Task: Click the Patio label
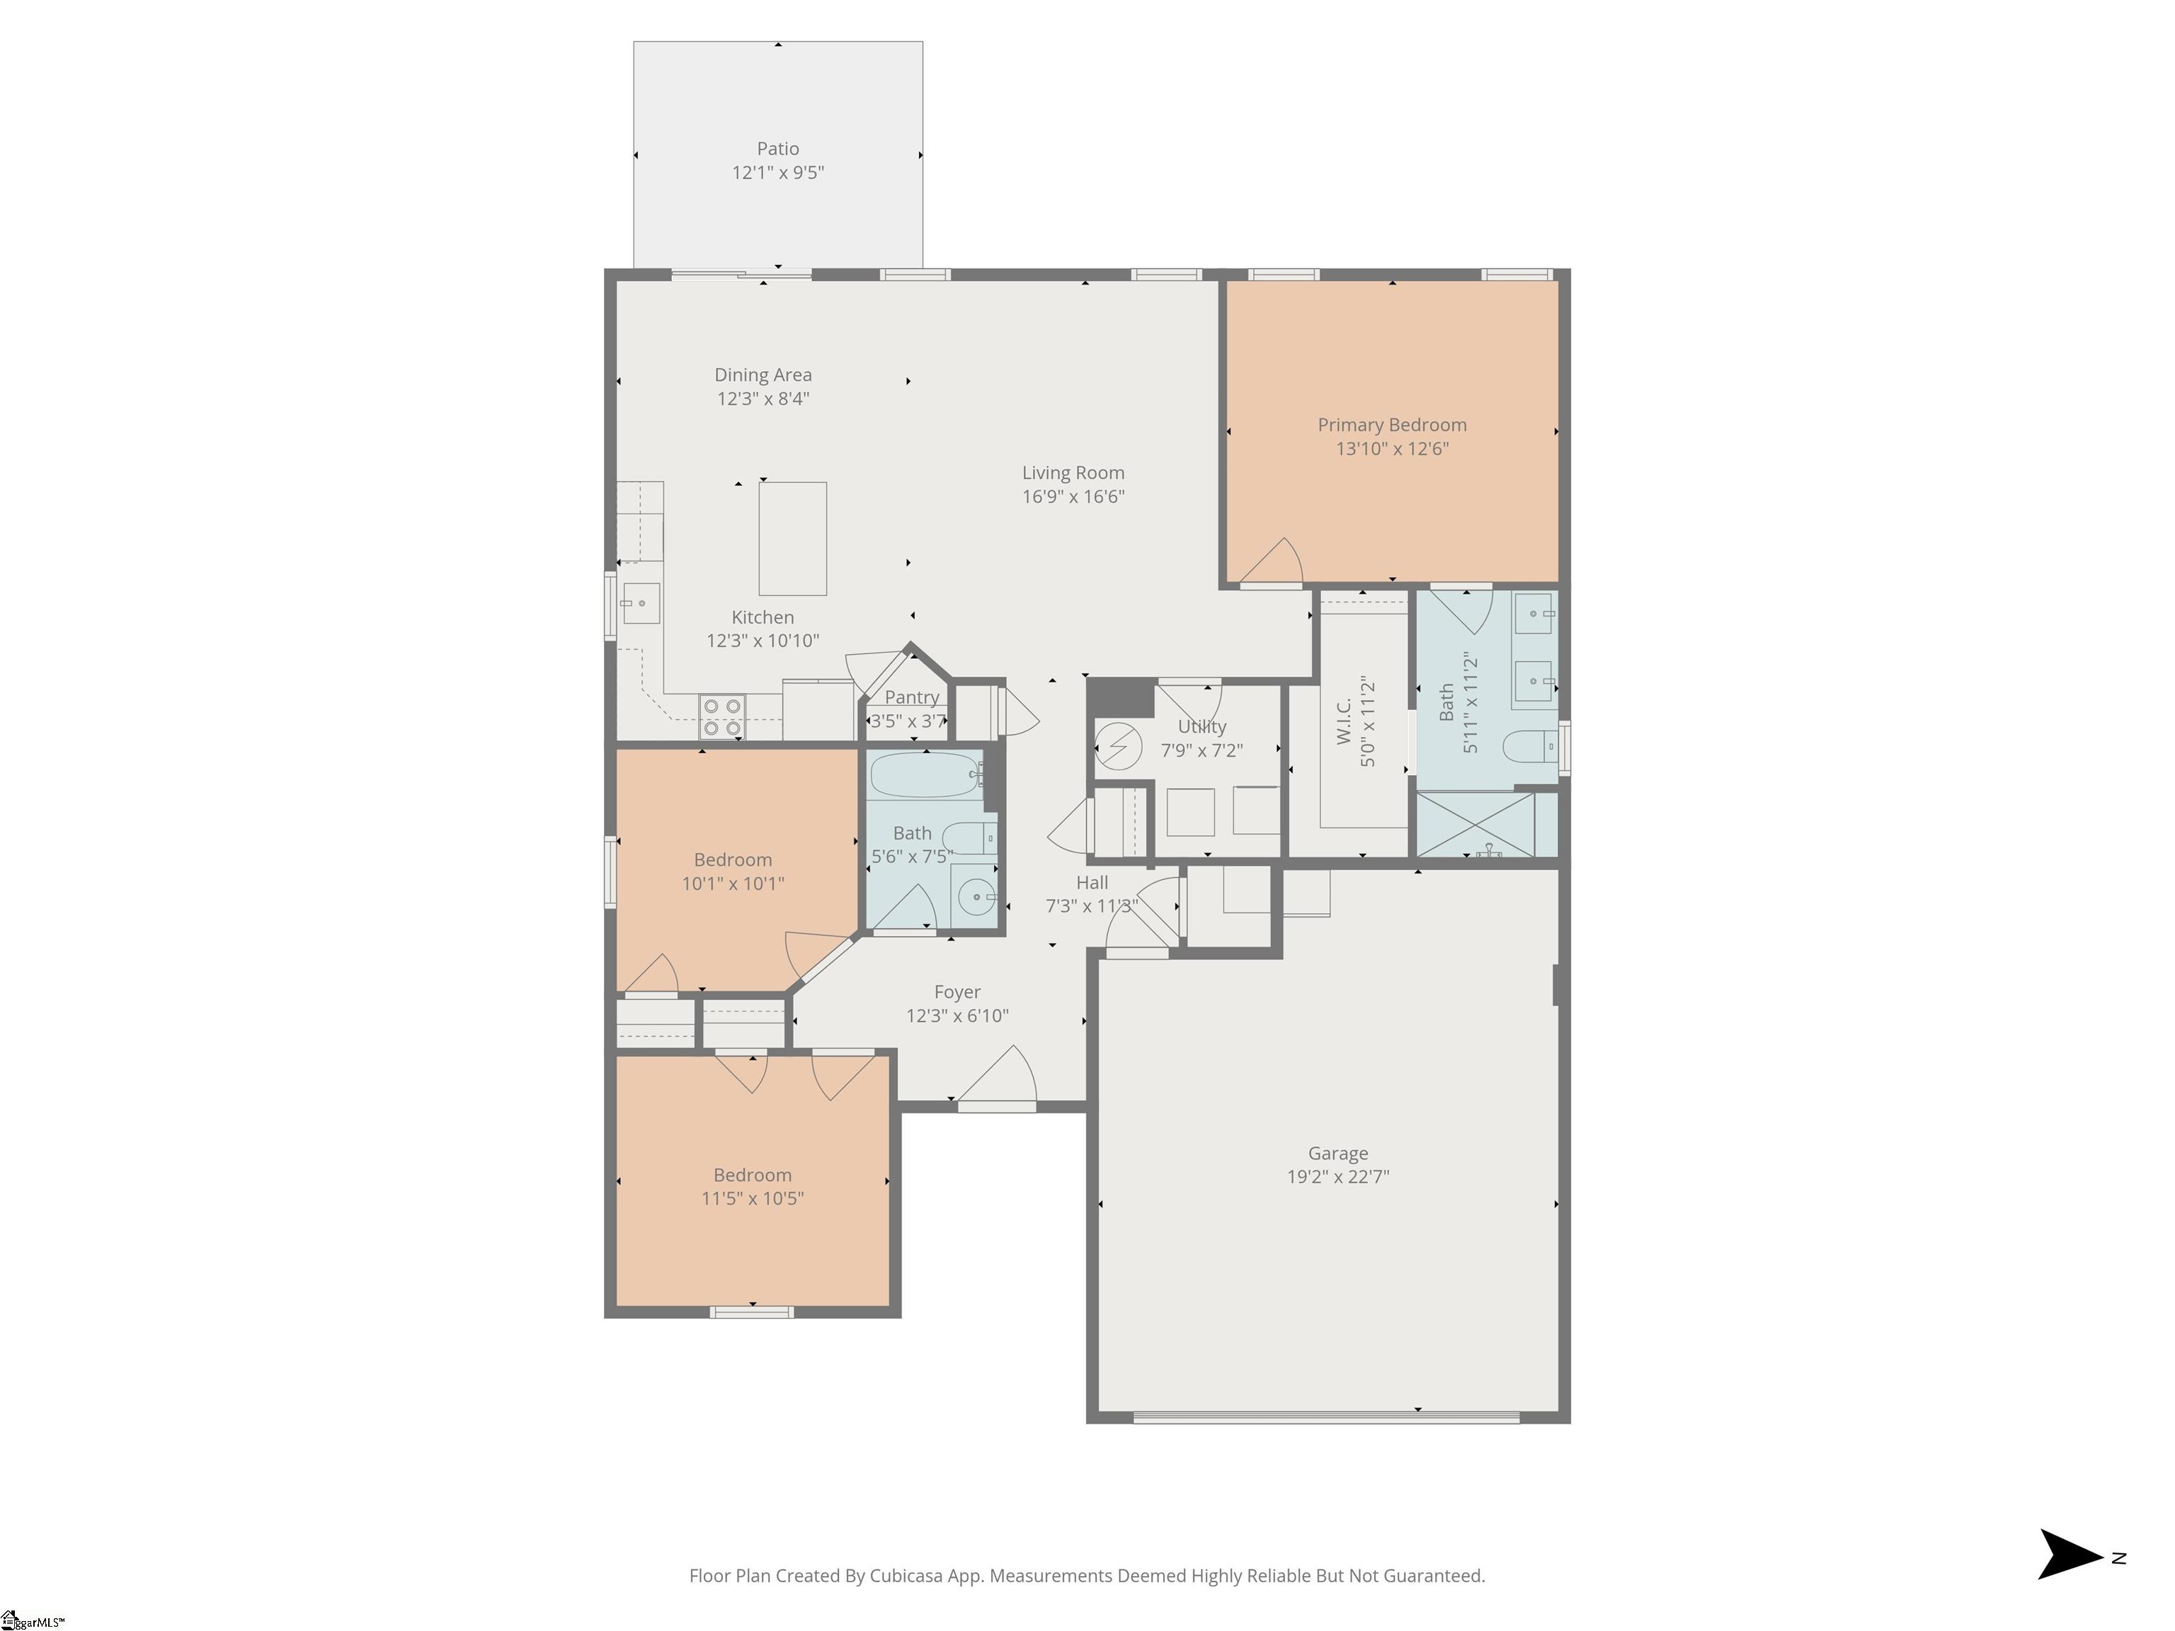pos(778,149)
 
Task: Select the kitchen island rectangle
pos(792,538)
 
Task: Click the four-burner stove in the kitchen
pos(721,716)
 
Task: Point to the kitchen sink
pos(640,602)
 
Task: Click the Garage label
pos(1337,1153)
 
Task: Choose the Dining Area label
pos(763,374)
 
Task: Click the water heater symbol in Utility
pos(1116,746)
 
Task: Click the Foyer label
pos(957,992)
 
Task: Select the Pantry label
pos(911,697)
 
